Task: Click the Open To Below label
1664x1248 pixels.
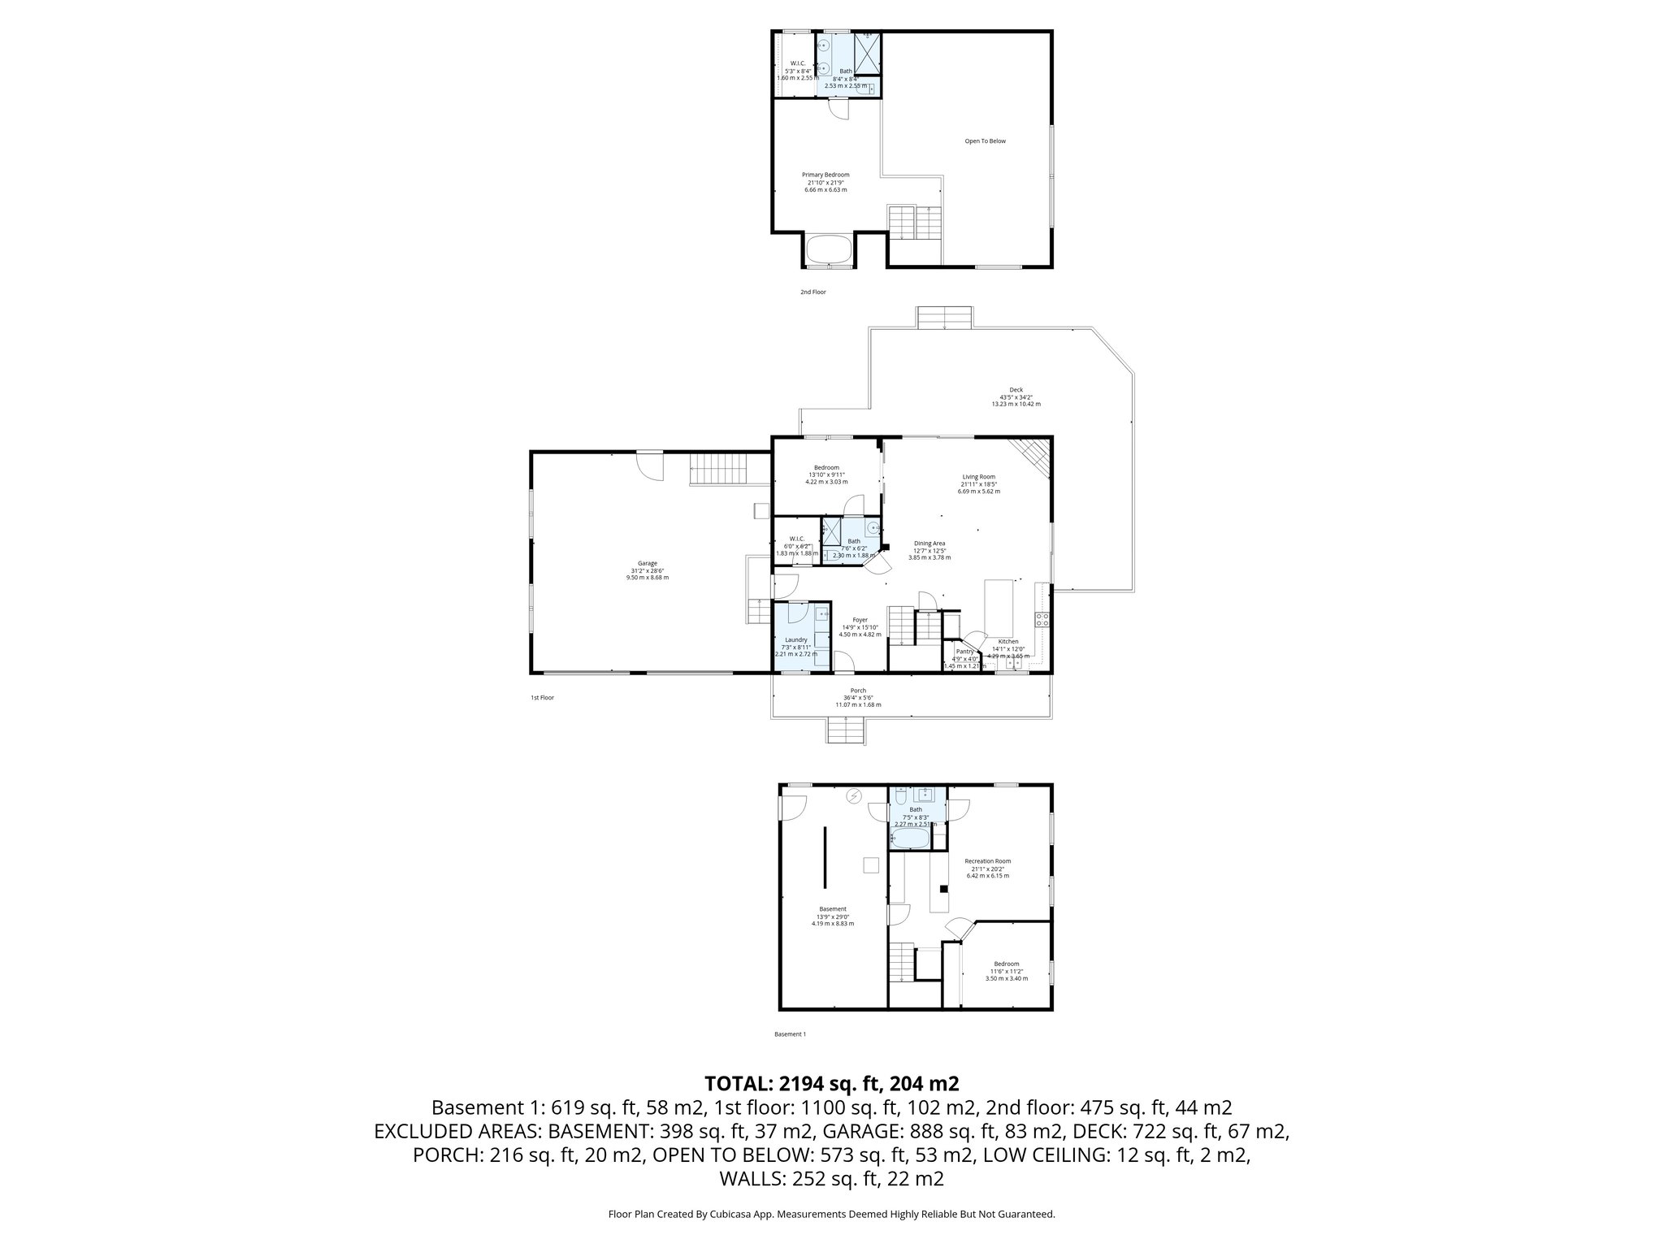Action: pyautogui.click(x=985, y=141)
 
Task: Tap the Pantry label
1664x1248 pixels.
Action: pyautogui.click(x=964, y=652)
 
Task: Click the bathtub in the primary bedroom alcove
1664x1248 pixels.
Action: pyautogui.click(x=829, y=251)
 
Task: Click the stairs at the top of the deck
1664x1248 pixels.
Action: pyautogui.click(x=945, y=318)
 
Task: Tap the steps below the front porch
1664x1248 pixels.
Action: pyautogui.click(x=845, y=732)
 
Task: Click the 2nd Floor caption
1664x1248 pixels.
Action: pyautogui.click(x=812, y=292)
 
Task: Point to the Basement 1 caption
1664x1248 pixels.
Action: pyautogui.click(x=790, y=1034)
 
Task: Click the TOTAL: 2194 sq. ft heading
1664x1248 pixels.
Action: pyautogui.click(x=831, y=1083)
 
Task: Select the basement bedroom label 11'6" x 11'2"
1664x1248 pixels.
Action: pyautogui.click(x=1006, y=971)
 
